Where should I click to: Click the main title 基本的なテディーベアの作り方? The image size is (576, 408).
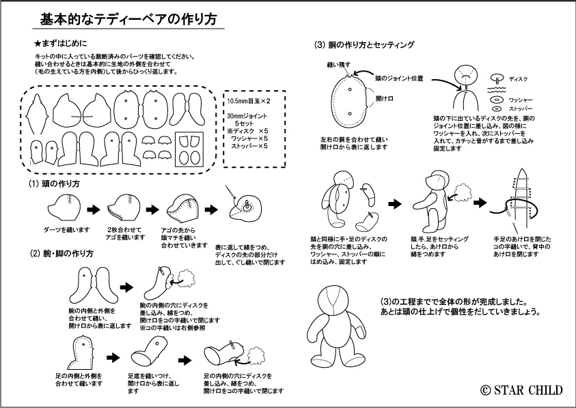pos(128,20)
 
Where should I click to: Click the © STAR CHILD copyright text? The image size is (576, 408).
pos(521,390)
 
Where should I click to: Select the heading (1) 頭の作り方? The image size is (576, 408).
pos(54,185)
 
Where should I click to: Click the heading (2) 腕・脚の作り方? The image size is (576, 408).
pos(61,253)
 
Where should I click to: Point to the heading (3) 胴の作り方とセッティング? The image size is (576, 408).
pos(364,45)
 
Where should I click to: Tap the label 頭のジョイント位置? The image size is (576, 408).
pos(398,78)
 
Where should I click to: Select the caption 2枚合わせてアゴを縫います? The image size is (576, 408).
pos(126,232)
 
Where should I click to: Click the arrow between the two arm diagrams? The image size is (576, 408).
pos(126,287)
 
